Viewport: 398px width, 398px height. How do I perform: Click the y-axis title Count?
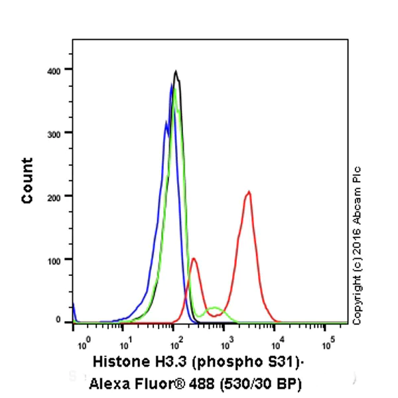27,180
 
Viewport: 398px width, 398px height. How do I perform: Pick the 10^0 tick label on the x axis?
83,344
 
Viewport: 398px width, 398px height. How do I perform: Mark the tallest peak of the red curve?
248,192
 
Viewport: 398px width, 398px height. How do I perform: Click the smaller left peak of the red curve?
193,259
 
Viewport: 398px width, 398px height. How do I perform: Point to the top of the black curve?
176,71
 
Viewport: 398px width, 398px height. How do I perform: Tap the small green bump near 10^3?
215,308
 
